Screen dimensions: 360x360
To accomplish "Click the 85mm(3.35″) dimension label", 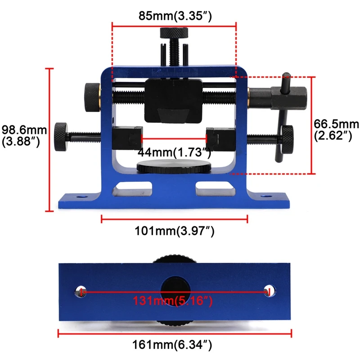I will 175,17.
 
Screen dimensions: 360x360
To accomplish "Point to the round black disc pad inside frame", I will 174,166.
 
